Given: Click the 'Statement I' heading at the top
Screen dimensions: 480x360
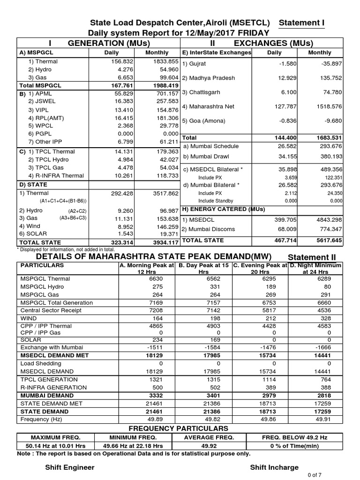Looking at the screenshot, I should click(x=301, y=23).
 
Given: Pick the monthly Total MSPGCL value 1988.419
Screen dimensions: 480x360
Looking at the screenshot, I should click(x=164, y=86).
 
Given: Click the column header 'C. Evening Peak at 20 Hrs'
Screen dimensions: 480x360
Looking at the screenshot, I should click(x=260, y=269).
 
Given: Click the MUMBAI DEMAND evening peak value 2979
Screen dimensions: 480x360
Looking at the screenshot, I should click(x=265, y=395).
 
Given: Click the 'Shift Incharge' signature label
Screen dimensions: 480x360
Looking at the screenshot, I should click(x=274, y=467).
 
